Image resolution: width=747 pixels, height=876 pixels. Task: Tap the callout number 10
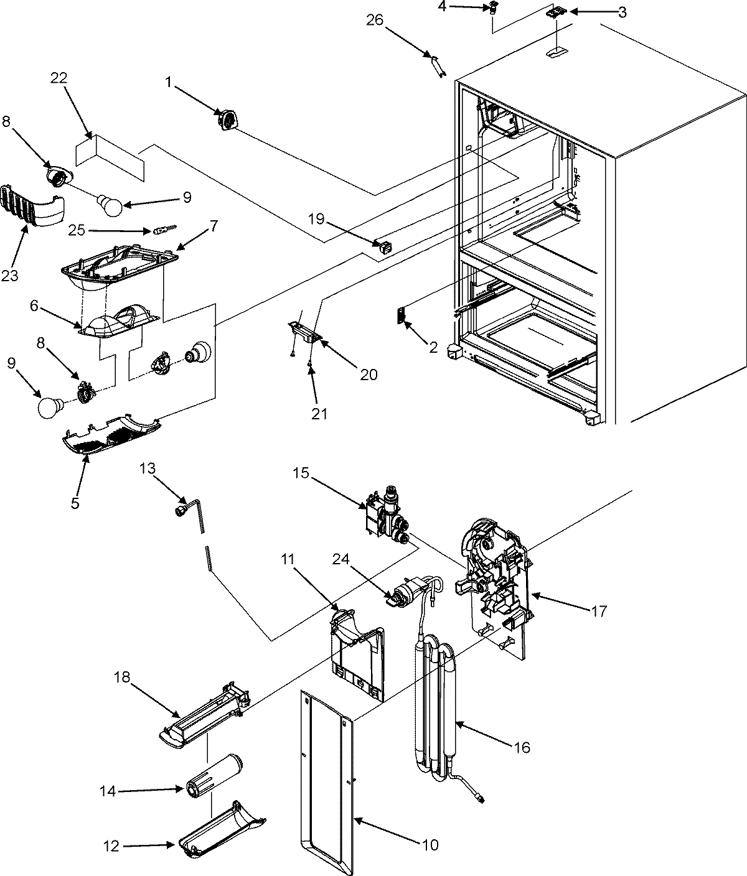pyautogui.click(x=430, y=844)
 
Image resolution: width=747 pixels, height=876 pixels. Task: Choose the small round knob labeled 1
pyautogui.click(x=227, y=119)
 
